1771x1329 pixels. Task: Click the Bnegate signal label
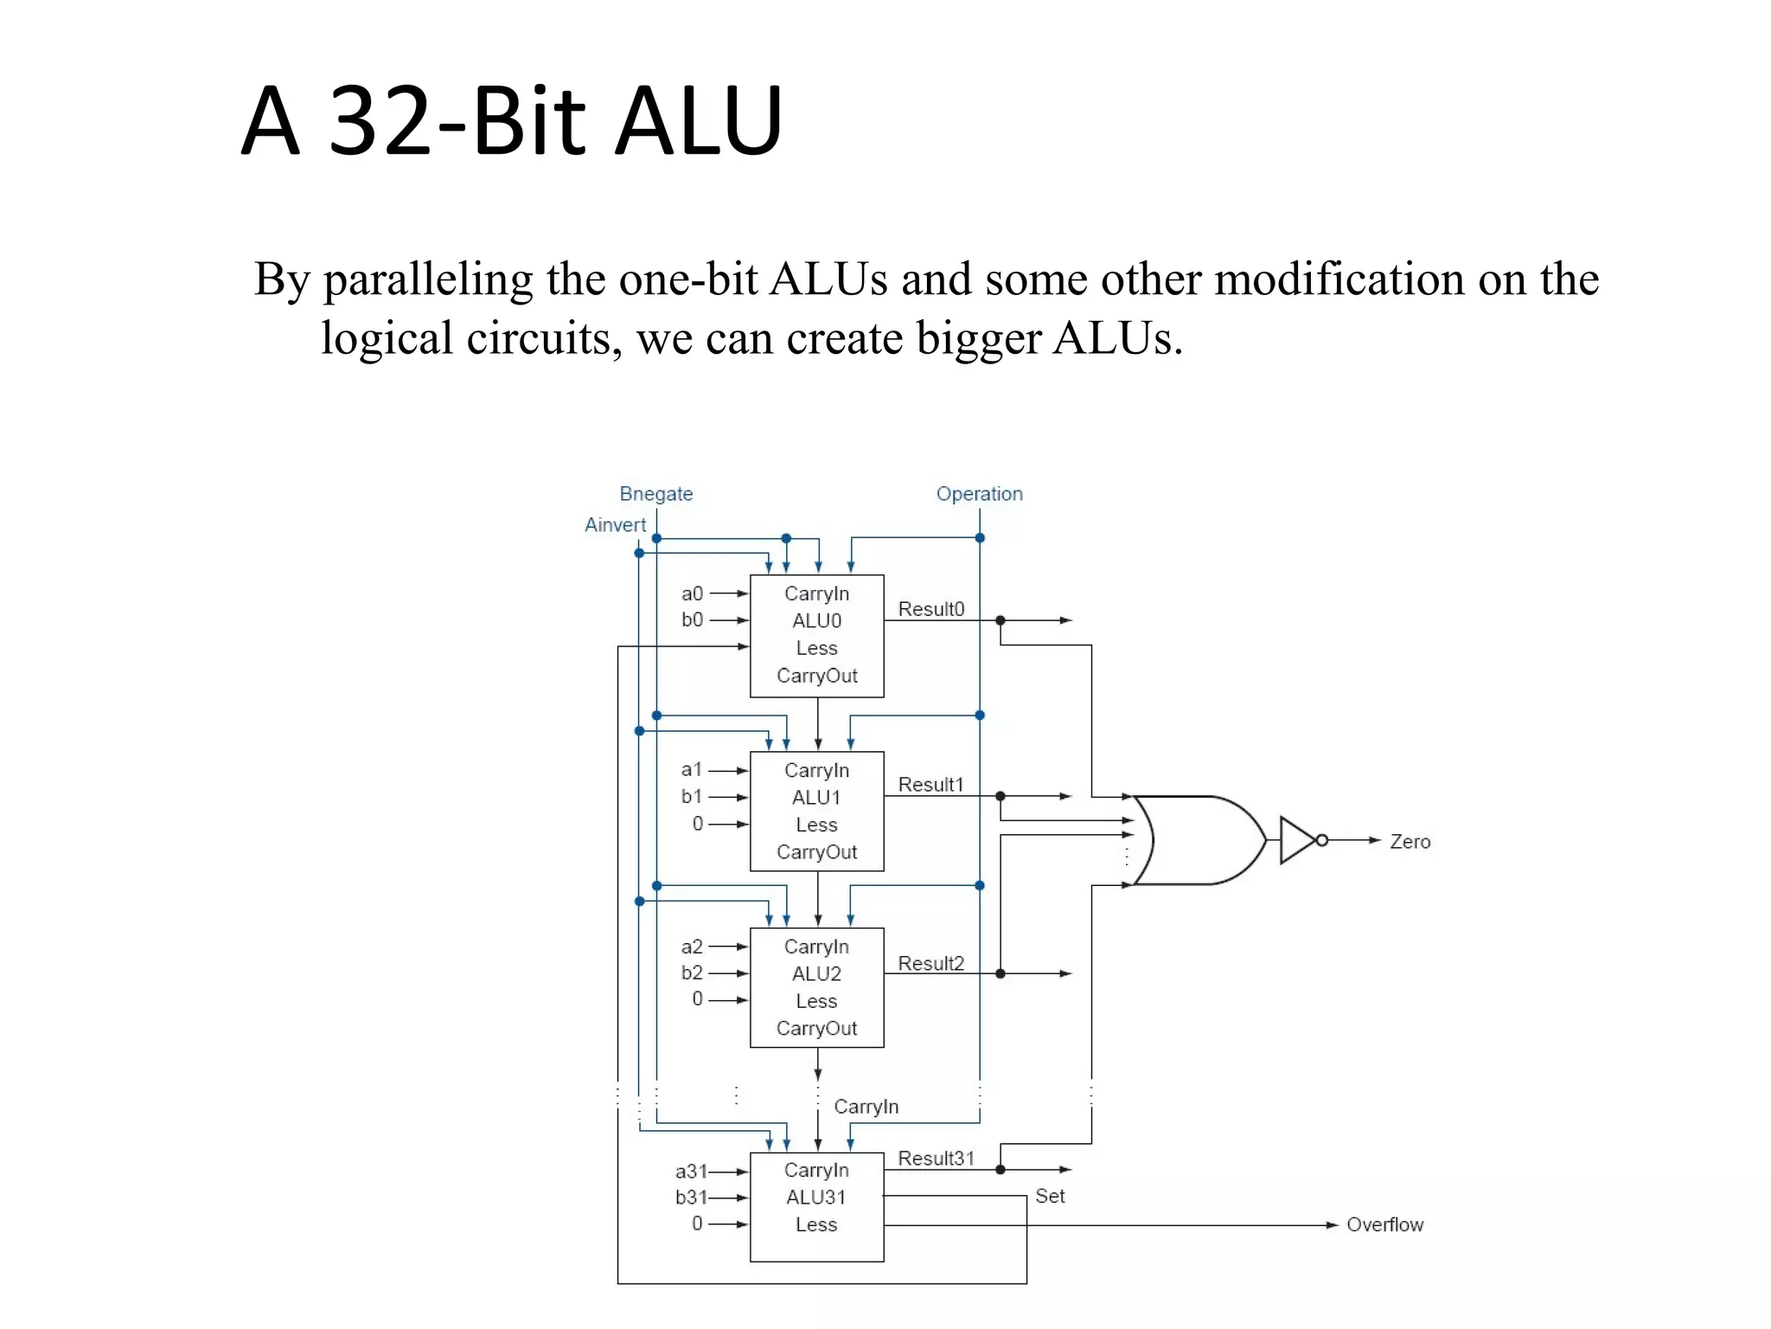coord(655,494)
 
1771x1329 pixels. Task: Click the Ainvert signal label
coord(615,525)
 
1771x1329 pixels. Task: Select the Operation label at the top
coord(979,494)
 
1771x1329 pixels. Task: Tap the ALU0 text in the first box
coord(816,621)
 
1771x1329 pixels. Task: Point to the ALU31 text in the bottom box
coord(815,1197)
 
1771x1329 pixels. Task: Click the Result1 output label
coord(930,785)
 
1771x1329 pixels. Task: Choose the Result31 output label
coord(936,1159)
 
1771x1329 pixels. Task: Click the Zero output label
coord(1410,842)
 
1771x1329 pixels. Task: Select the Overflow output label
coord(1384,1225)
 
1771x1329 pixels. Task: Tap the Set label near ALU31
coord(1050,1197)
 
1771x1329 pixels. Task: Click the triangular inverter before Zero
coord(1297,840)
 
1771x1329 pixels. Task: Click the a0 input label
coord(692,594)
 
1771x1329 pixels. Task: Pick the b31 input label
coord(691,1197)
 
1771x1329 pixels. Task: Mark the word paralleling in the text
coord(427,280)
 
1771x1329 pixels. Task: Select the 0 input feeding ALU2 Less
coord(697,999)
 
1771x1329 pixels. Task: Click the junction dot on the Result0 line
coord(1001,620)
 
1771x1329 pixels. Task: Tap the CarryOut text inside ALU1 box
coord(816,852)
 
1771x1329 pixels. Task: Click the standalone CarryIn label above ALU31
coord(866,1107)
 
